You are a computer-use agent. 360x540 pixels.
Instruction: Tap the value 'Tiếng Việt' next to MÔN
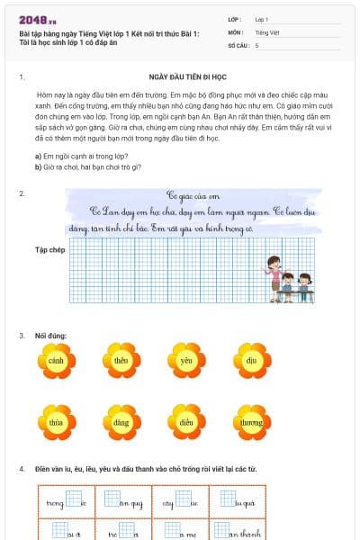point(267,31)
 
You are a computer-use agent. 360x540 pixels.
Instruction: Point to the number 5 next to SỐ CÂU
point(256,44)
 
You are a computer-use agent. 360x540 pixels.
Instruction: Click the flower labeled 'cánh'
point(56,361)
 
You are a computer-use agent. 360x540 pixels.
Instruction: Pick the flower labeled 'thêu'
point(121,361)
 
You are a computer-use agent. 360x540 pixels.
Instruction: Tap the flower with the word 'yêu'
point(187,361)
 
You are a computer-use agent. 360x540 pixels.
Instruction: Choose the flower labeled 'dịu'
point(253,361)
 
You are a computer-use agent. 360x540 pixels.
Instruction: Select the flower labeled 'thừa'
point(56,422)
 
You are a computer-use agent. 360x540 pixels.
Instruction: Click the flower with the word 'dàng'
point(121,422)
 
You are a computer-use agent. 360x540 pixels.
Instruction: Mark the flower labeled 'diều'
point(187,422)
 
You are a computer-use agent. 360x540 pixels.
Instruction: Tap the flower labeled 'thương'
point(253,422)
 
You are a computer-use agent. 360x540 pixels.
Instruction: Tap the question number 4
point(22,469)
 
